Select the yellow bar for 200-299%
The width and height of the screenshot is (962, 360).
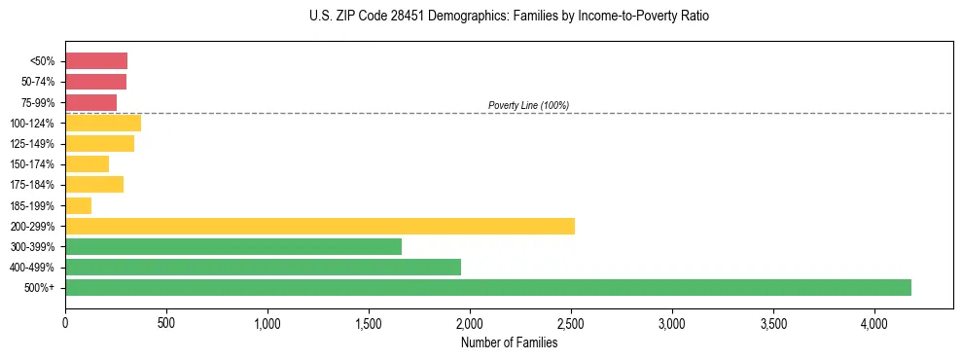point(320,226)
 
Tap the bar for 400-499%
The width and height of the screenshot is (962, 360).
point(263,267)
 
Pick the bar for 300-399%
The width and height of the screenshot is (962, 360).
point(233,246)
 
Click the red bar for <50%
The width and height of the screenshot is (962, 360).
point(96,61)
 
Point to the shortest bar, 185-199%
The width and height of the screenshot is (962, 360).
point(79,205)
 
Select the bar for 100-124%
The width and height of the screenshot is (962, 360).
point(103,123)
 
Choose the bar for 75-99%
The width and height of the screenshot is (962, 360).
point(91,102)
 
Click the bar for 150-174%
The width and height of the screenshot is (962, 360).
point(88,163)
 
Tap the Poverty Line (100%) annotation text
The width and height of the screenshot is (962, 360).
point(528,105)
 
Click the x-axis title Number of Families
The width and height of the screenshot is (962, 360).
point(509,342)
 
